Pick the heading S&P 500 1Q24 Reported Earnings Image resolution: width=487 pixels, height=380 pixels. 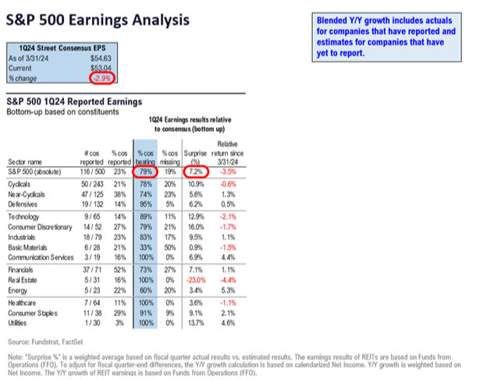(x=73, y=101)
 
